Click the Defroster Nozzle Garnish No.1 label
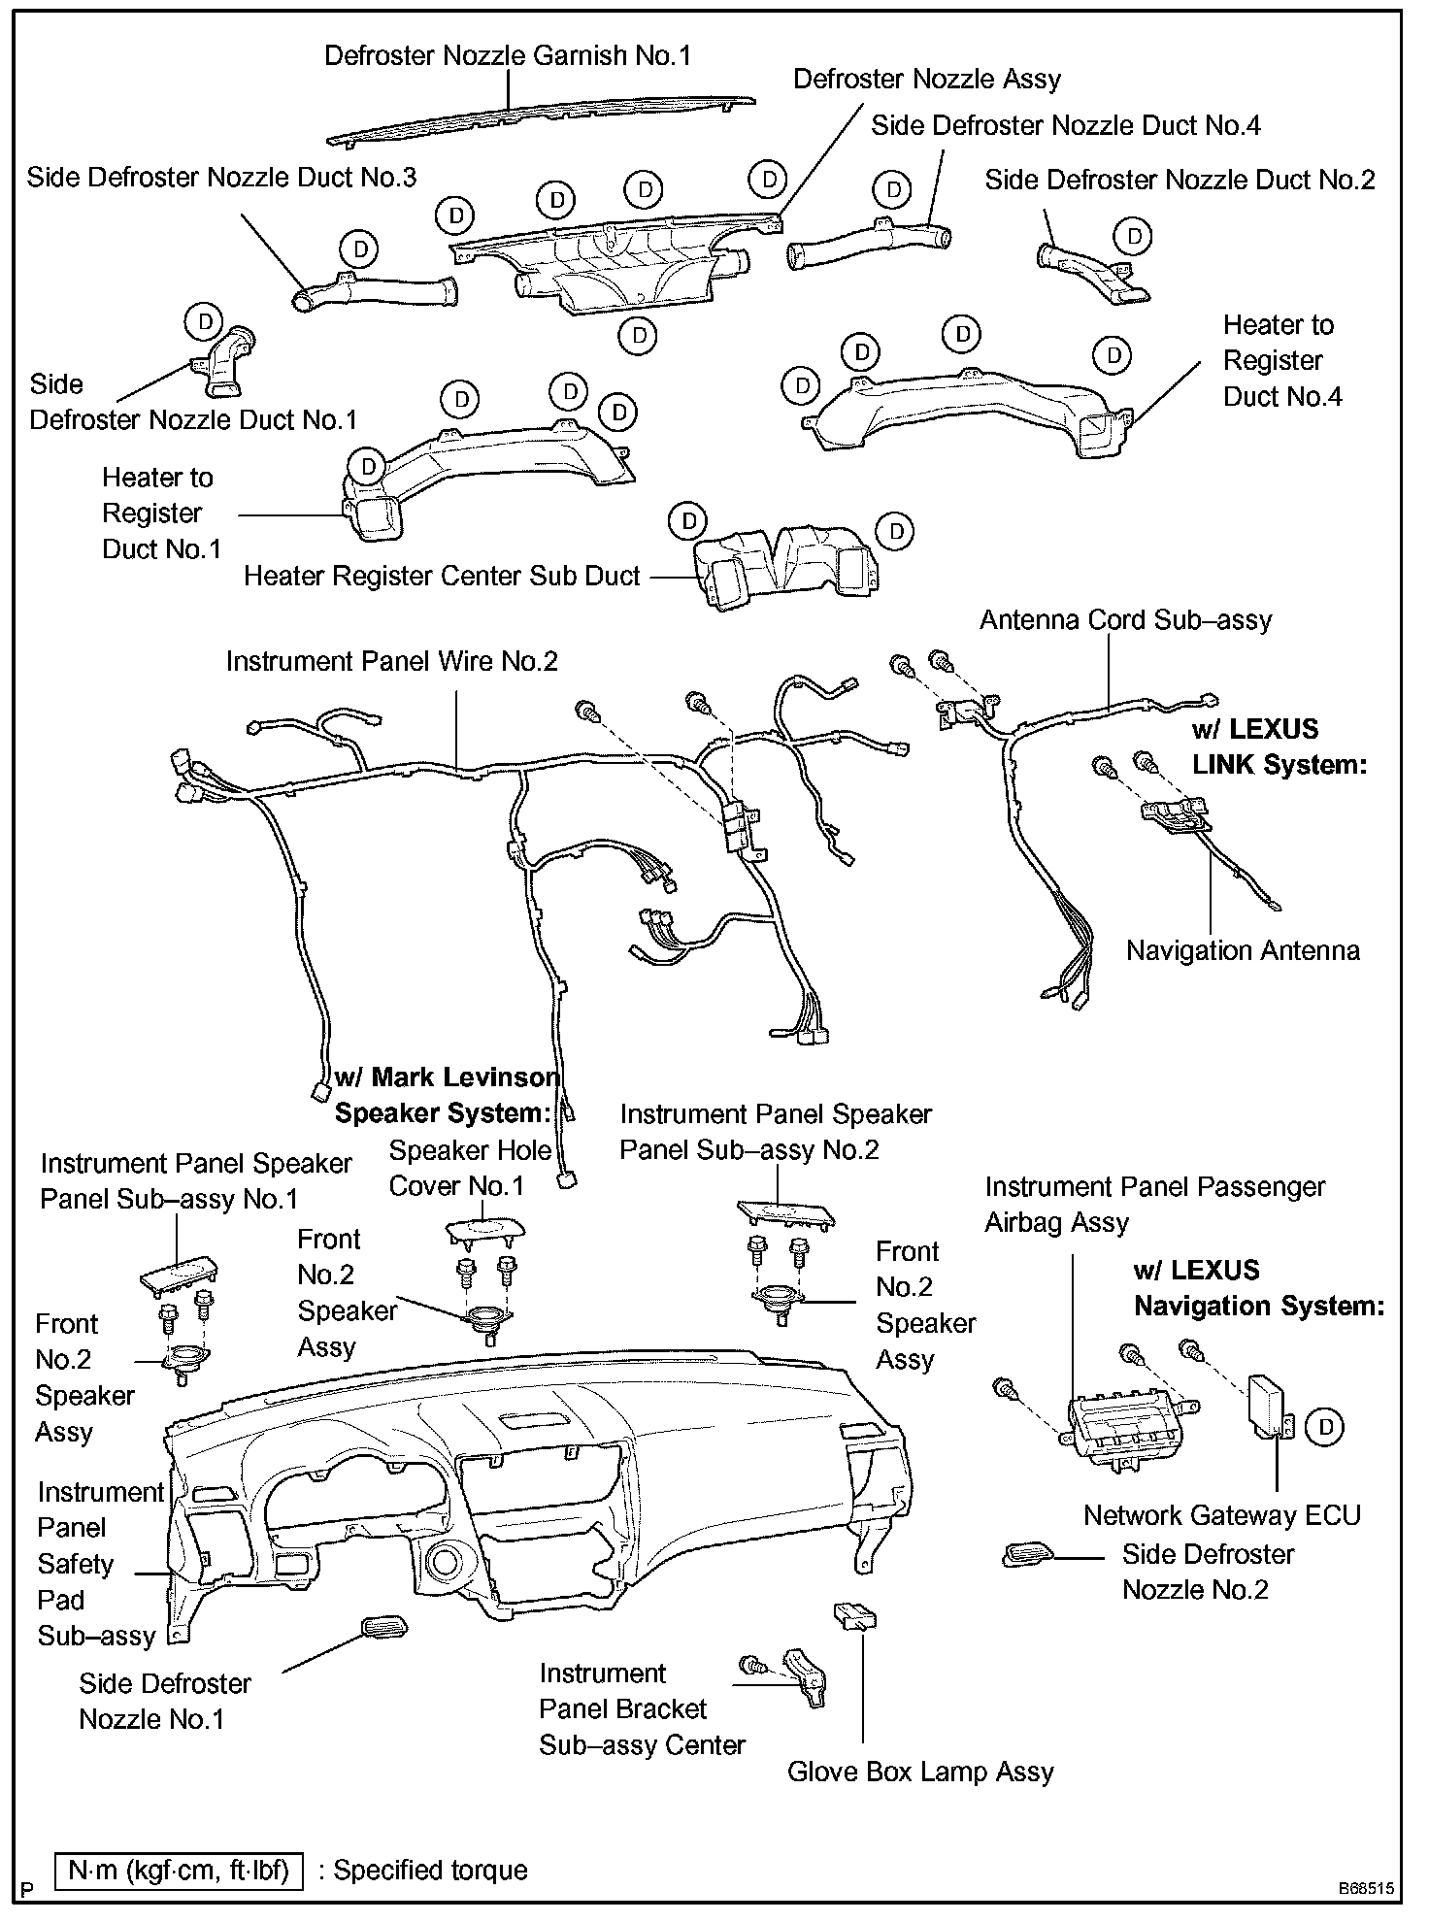click(508, 55)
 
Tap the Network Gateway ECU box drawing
click(1267, 1404)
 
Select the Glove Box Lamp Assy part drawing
click(854, 1615)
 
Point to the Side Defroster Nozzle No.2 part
click(1028, 1555)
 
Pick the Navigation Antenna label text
click(1243, 950)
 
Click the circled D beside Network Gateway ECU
click(1325, 1425)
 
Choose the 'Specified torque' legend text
click(431, 1871)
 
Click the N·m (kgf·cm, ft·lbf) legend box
click(180, 1870)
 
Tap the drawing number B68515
click(1366, 1889)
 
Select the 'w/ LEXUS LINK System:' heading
click(1279, 746)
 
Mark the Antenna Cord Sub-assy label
click(1125, 619)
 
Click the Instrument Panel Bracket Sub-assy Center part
click(808, 1676)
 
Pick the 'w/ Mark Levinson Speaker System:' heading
click(447, 1095)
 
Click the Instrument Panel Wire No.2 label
click(392, 661)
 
